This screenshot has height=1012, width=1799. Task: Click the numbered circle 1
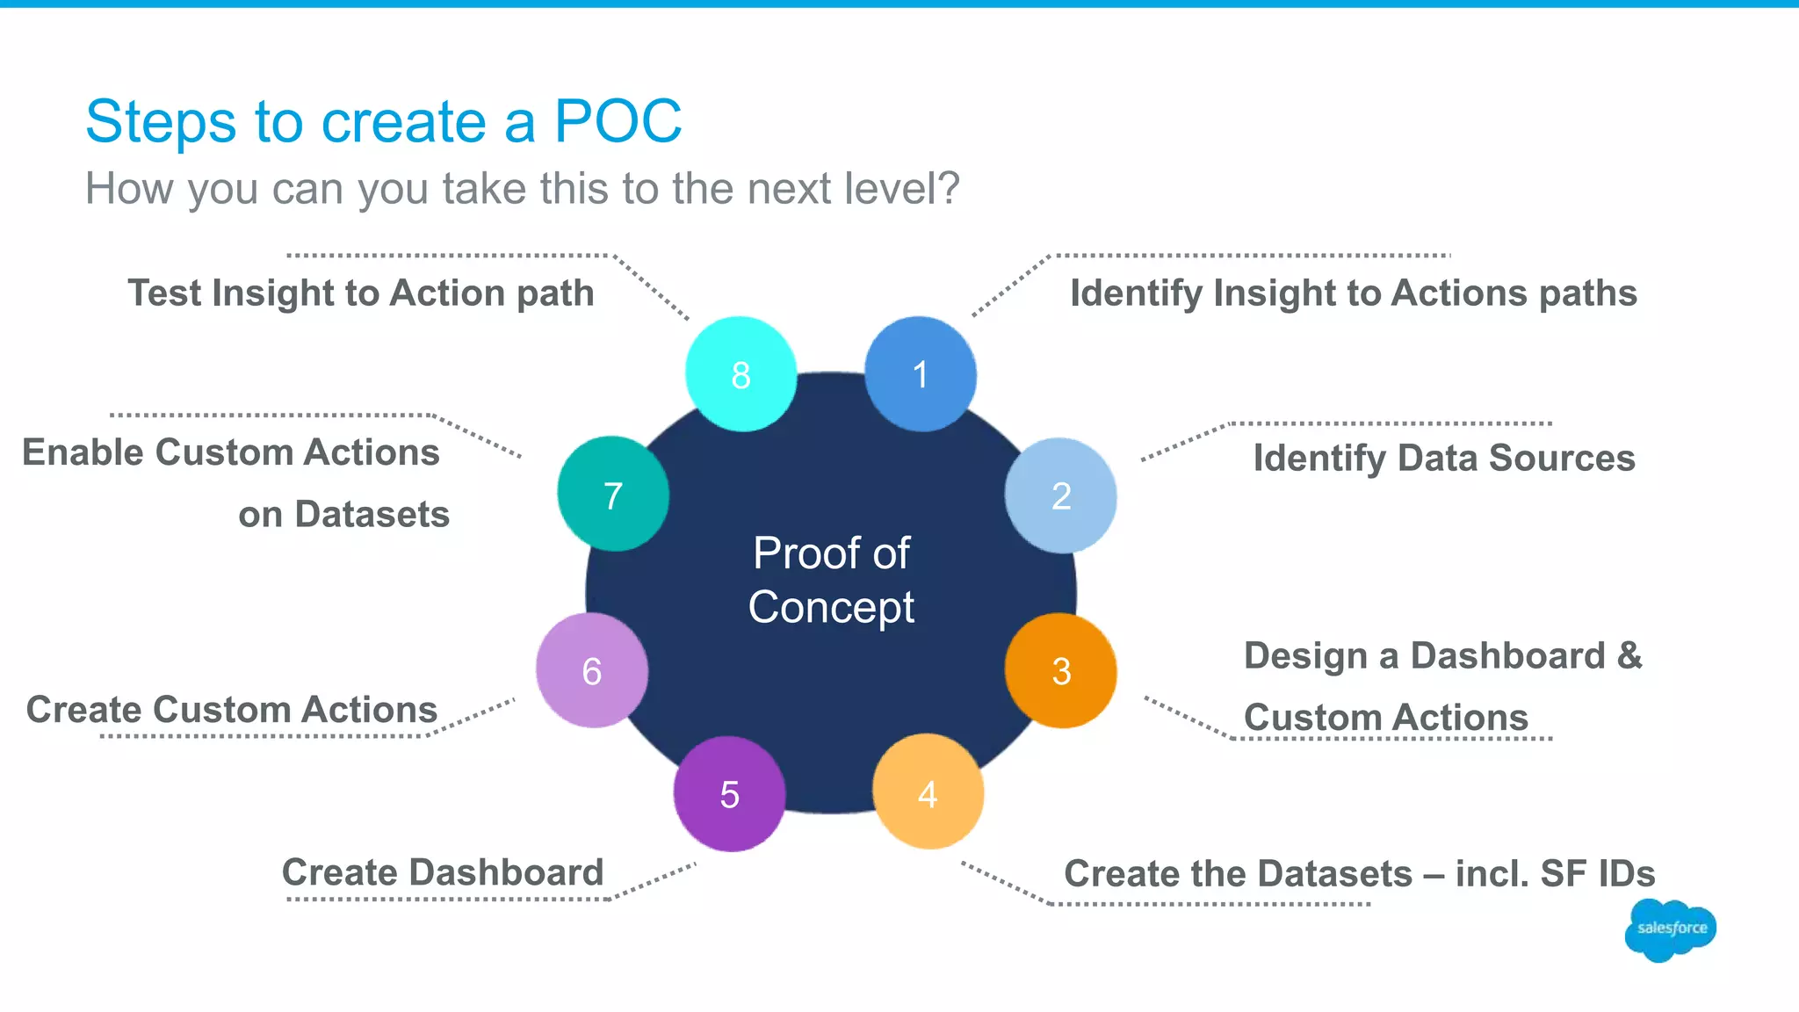(920, 374)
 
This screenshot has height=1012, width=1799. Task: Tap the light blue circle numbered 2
(1060, 495)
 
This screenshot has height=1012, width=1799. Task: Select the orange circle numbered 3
(1060, 671)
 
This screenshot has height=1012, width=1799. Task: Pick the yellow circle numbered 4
(928, 792)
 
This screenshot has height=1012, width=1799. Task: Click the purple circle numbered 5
(729, 794)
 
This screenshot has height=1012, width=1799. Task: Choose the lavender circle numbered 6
(592, 670)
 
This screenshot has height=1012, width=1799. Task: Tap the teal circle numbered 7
(613, 495)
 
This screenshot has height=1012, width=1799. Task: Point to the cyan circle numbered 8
(741, 374)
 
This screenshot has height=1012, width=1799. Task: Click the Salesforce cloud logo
(1671, 929)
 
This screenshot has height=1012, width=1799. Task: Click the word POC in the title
(618, 121)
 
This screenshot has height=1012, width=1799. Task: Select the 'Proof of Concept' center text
(831, 580)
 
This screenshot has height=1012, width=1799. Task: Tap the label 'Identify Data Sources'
(1443, 458)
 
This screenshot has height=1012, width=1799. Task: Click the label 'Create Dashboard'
(443, 872)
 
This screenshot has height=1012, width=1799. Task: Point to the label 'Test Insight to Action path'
(361, 293)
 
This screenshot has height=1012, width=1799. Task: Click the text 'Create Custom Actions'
(232, 709)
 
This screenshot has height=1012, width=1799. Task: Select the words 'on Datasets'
(343, 514)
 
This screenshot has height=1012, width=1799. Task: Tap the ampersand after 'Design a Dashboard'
(1629, 655)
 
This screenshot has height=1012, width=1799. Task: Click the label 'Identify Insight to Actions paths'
(1353, 293)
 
